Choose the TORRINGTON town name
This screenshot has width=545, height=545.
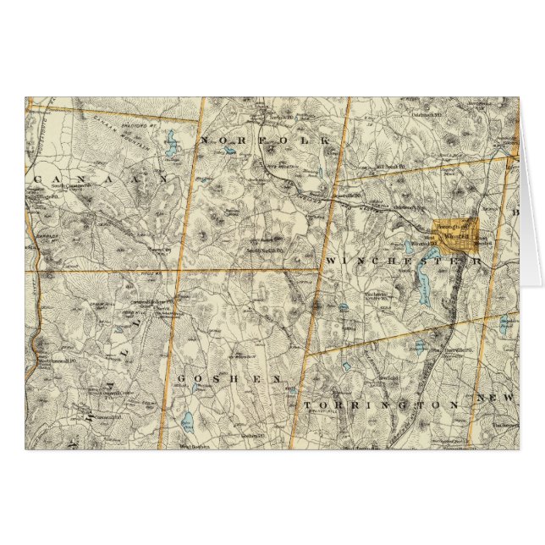click(381, 405)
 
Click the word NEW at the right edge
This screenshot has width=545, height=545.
click(495, 398)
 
